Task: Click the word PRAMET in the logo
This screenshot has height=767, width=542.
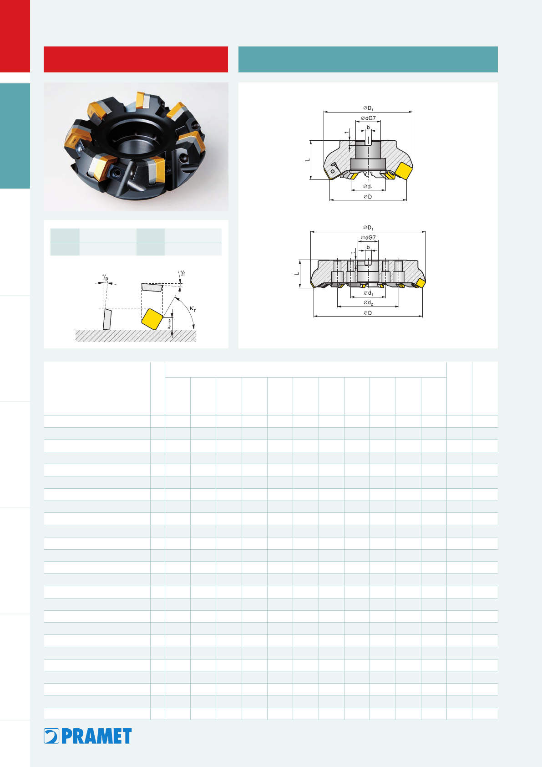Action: [x=96, y=736]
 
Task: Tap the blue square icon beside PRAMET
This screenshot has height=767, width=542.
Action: [x=51, y=736]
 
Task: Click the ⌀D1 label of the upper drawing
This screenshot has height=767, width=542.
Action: [x=368, y=108]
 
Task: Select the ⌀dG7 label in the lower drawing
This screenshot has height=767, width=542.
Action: [x=368, y=237]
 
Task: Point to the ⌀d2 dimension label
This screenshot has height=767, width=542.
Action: [x=368, y=303]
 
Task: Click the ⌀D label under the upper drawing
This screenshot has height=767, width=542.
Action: [x=368, y=197]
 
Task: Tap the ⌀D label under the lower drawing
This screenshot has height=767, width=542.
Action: [x=368, y=312]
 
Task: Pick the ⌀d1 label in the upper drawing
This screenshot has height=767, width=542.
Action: [x=368, y=187]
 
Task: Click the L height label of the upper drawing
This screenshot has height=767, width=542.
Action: [x=307, y=160]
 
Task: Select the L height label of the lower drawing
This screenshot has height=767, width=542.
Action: [x=296, y=274]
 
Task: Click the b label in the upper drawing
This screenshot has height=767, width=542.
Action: [x=368, y=128]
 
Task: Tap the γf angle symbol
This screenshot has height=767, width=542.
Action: [x=183, y=273]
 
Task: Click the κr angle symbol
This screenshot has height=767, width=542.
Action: [x=192, y=309]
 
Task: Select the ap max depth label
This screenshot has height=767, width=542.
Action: [x=169, y=324]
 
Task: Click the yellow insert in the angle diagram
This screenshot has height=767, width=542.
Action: [x=152, y=319]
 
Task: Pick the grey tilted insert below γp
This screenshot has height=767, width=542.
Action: [x=107, y=319]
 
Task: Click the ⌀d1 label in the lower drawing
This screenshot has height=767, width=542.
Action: [x=368, y=293]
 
